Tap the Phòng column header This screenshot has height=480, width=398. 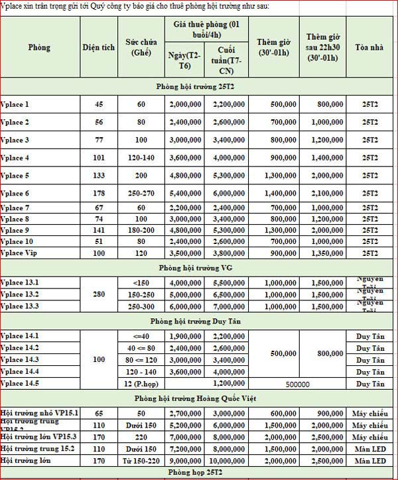[x=39, y=48]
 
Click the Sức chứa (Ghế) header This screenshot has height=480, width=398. [x=141, y=48]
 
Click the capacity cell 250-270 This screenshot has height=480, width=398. [x=141, y=194]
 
